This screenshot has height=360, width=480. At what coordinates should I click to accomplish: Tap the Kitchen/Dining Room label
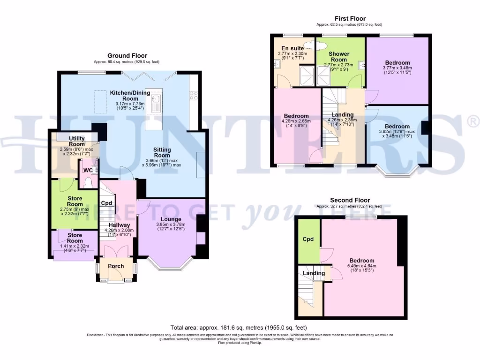pos(130,96)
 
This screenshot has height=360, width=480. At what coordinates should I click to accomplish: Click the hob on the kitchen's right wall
pos(193,96)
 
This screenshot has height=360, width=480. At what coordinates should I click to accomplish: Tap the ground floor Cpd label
pos(106,203)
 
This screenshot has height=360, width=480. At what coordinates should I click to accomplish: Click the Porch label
pos(116,266)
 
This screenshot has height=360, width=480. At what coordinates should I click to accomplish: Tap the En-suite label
pos(292,48)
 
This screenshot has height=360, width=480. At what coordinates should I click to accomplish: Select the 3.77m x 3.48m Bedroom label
pos(397,62)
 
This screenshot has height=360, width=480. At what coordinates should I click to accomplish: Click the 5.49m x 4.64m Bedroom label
pos(362,261)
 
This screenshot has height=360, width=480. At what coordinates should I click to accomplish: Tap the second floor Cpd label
pos(307,239)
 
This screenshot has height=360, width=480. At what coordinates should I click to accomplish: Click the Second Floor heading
pos(350,200)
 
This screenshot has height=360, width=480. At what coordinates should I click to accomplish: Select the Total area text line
pos(240,328)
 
